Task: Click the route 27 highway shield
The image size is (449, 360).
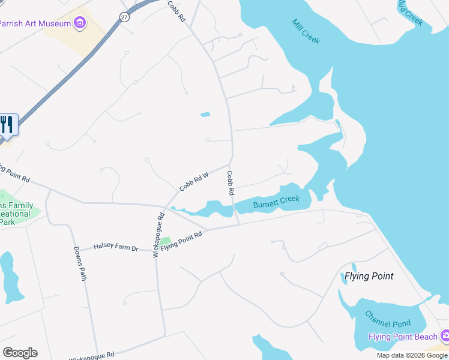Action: [124, 16]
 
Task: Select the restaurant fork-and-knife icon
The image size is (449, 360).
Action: [7, 125]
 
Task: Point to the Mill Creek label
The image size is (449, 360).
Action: [306, 32]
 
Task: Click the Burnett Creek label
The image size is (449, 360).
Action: [276, 202]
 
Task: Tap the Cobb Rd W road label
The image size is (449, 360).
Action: [193, 182]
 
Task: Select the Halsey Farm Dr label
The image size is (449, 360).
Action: [116, 247]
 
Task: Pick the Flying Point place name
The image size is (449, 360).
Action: [369, 276]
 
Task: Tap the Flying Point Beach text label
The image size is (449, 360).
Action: [403, 337]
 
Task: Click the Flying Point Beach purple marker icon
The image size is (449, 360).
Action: [445, 335]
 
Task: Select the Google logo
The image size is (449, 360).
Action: [20, 353]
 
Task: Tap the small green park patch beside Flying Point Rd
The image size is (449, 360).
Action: [166, 241]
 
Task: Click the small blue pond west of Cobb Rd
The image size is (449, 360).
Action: [205, 114]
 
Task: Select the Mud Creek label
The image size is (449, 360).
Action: [411, 12]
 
